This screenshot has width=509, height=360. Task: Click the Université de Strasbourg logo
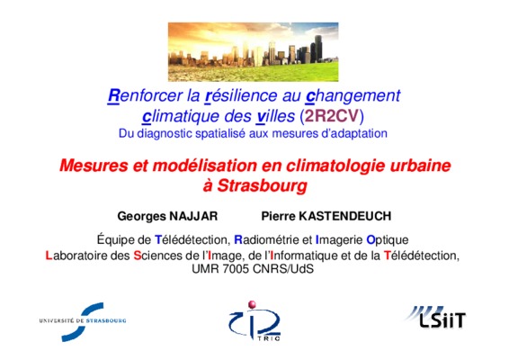(82, 321)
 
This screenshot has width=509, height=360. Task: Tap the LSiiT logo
(435, 317)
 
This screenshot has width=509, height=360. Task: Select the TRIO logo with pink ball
(254, 321)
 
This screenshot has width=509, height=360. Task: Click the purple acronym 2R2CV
(332, 116)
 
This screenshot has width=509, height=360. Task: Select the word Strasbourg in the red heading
(262, 185)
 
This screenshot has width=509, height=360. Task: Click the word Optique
(388, 240)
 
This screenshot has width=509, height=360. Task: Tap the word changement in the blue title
(353, 95)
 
